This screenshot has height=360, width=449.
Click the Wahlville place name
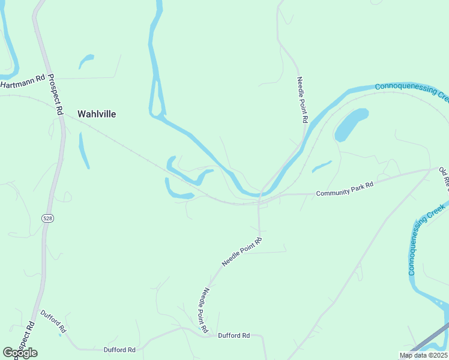[x=97, y=113]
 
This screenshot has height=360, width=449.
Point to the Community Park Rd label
[x=345, y=189]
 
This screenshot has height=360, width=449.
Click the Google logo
[x=20, y=353]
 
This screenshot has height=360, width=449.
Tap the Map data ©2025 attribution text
[x=423, y=355]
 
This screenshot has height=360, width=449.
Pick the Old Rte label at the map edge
[x=444, y=179]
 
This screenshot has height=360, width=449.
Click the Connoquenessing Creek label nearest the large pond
[x=412, y=91]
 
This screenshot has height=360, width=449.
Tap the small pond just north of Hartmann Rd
[x=86, y=61]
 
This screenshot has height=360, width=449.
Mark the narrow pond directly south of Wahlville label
[x=84, y=150]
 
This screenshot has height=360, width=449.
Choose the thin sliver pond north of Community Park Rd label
[x=322, y=166]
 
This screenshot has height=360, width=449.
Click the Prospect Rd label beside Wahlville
[x=56, y=95]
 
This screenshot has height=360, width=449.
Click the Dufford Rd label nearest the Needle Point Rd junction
[x=234, y=336]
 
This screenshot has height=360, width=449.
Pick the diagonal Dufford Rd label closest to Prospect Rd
[x=53, y=322]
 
